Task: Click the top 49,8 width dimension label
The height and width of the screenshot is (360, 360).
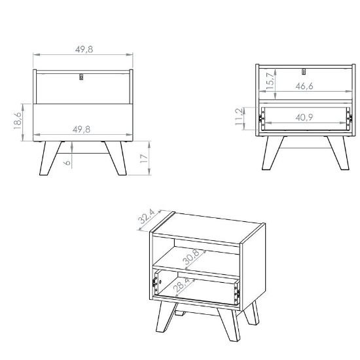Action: click(x=84, y=49)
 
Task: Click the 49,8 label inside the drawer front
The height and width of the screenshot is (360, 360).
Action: click(x=82, y=130)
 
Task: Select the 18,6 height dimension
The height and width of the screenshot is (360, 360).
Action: click(x=18, y=120)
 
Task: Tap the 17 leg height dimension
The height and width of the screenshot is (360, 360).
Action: click(x=144, y=158)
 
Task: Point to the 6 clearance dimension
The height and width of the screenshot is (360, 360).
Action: click(x=67, y=162)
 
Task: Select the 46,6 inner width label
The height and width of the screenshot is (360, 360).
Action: click(x=304, y=86)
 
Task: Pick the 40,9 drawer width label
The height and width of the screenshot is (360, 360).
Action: click(x=304, y=118)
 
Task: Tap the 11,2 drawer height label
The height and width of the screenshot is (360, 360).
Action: click(x=239, y=117)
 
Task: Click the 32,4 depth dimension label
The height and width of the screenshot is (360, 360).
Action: click(x=147, y=217)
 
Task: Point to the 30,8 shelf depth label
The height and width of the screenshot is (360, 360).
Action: click(x=191, y=257)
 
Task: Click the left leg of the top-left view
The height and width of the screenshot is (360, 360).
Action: click(x=50, y=158)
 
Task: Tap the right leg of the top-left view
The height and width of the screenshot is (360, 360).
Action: click(x=116, y=158)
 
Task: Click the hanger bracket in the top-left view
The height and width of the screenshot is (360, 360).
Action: click(x=81, y=77)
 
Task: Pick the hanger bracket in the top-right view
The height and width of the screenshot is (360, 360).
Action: click(x=304, y=71)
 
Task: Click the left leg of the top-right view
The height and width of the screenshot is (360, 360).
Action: click(x=273, y=153)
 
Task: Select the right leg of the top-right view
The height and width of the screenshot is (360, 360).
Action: click(x=338, y=153)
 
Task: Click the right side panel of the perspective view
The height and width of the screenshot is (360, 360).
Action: click(x=253, y=268)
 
